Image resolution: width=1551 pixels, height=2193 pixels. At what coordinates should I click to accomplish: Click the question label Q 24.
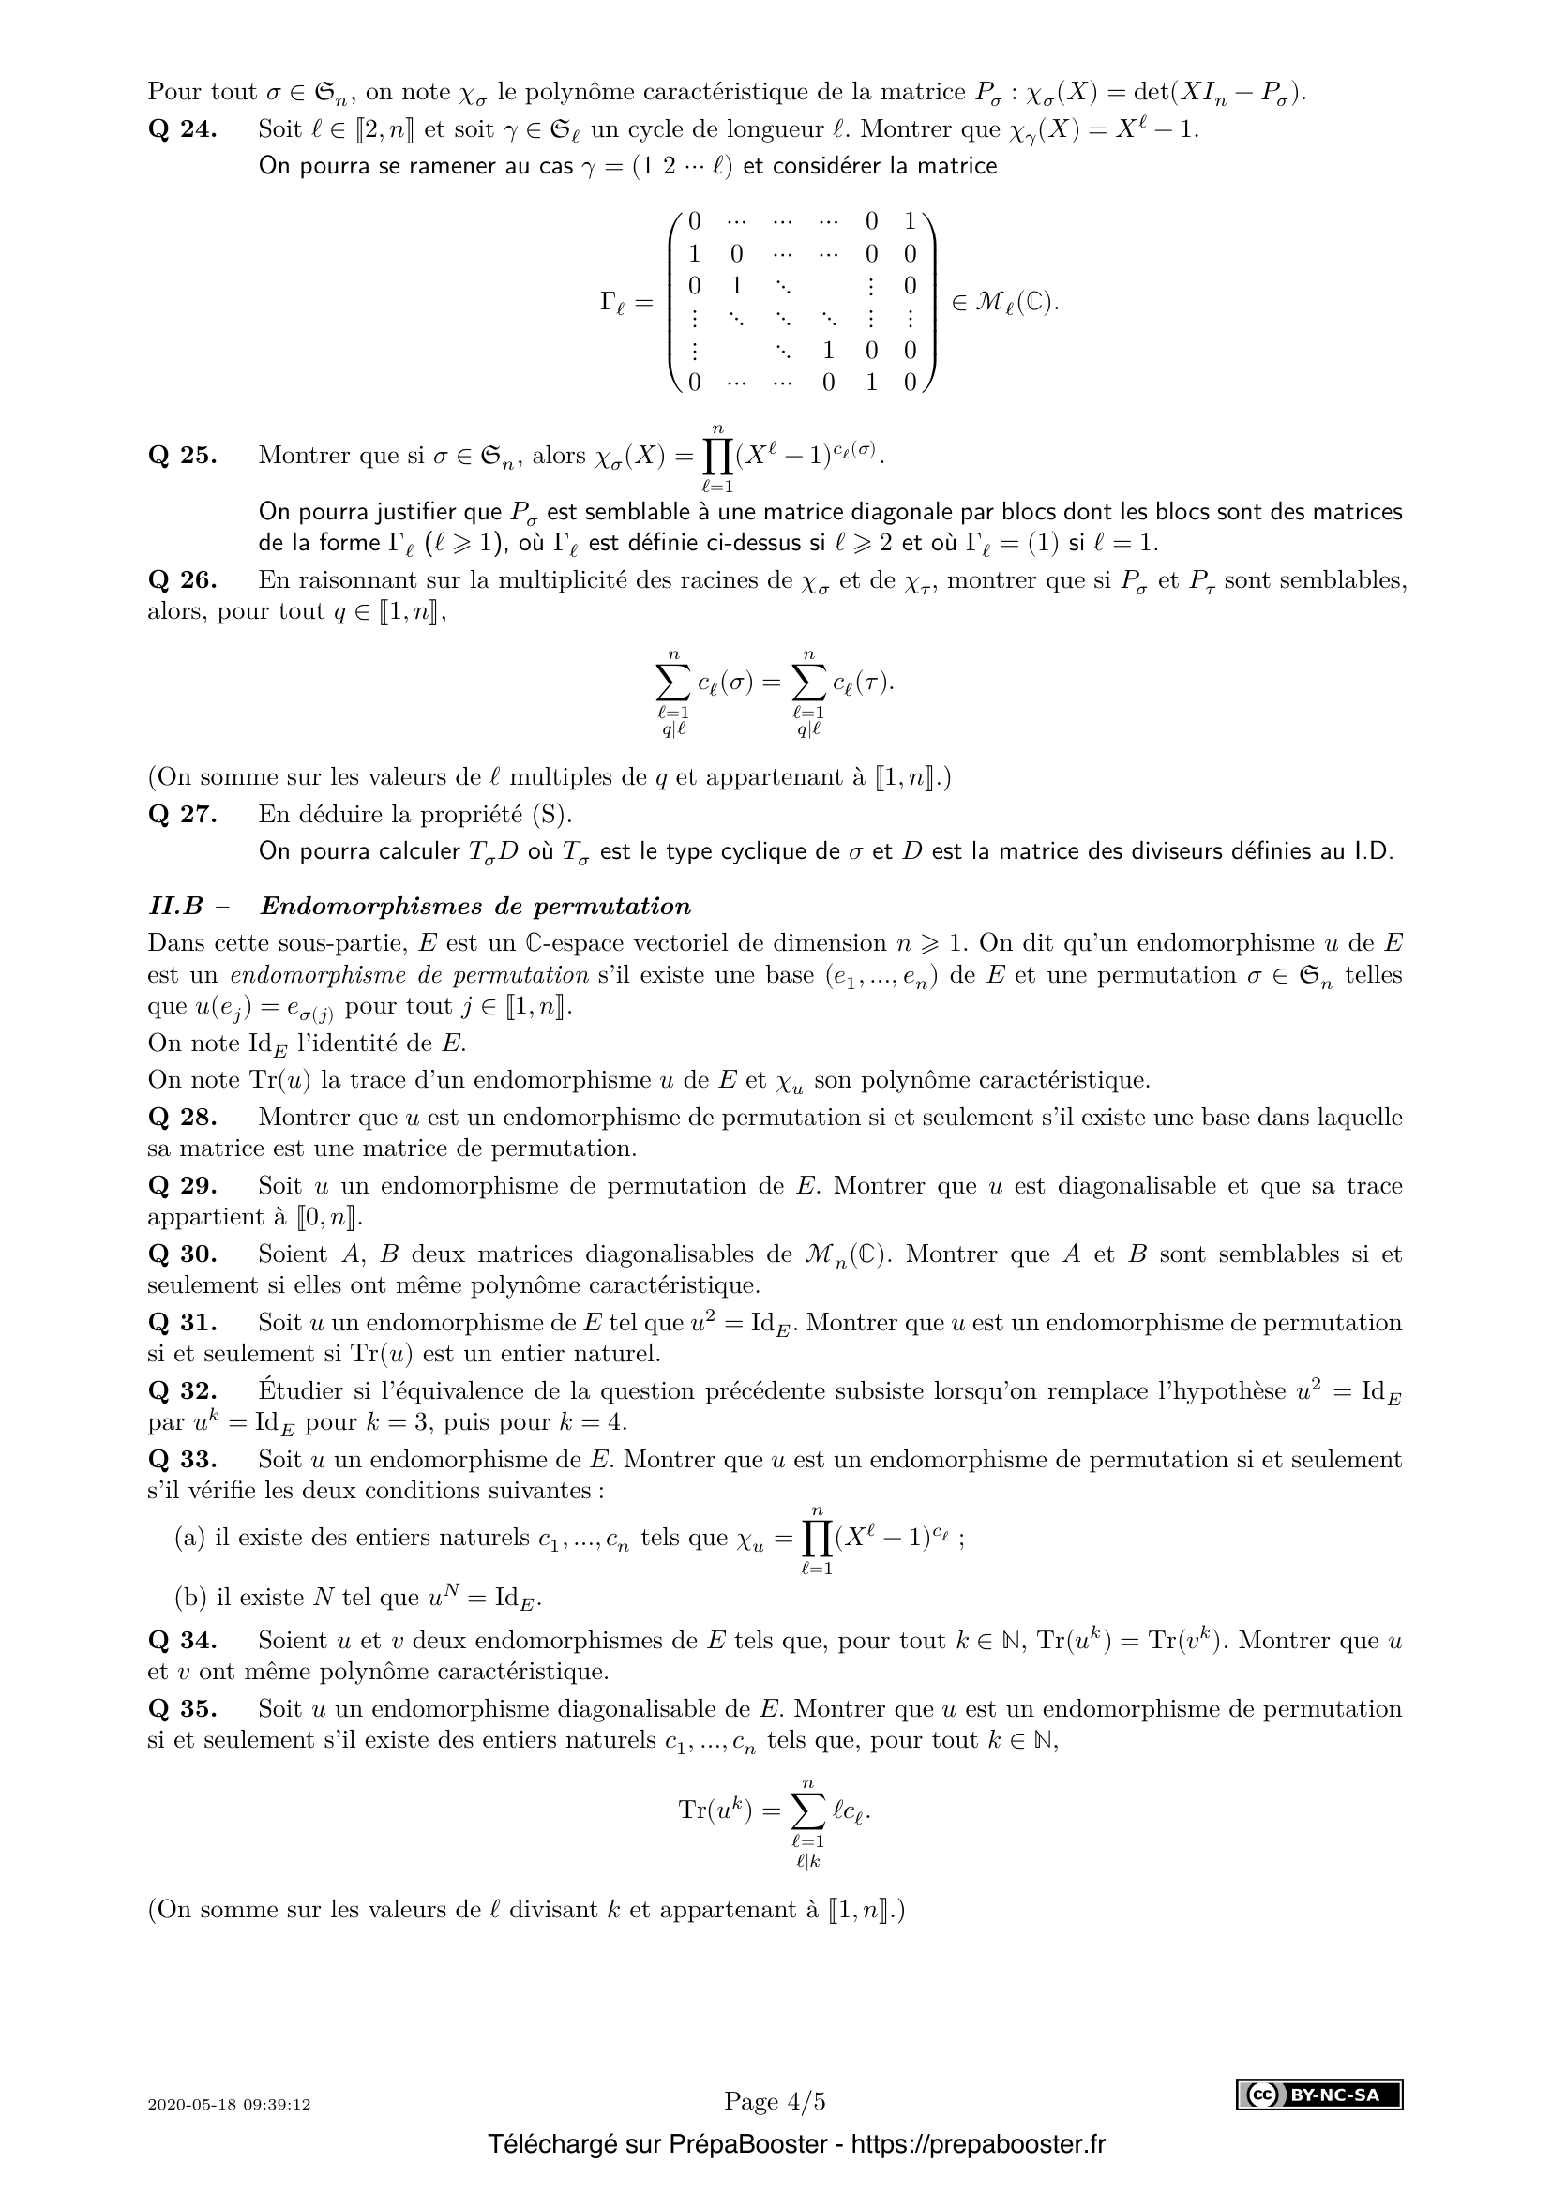point(183,129)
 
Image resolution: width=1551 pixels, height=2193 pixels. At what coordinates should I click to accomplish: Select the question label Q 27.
point(183,815)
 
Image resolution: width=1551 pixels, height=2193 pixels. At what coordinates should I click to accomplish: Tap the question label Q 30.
point(183,1254)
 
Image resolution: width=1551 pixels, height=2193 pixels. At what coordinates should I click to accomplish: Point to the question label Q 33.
point(183,1460)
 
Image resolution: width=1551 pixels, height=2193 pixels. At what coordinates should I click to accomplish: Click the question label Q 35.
point(183,1709)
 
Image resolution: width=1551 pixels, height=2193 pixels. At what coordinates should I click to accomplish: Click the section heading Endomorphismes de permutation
point(474,906)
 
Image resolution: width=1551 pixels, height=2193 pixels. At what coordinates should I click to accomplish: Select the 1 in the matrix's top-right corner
point(910,221)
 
